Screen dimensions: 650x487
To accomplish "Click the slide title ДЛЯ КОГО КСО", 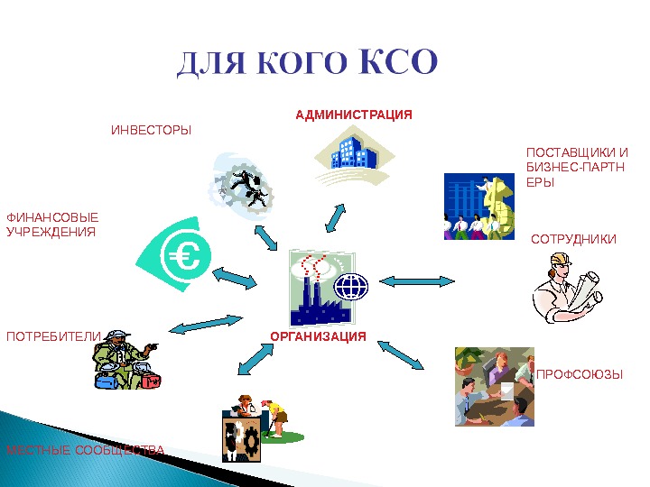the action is tap(308, 64).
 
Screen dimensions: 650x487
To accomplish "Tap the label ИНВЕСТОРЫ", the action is tap(151, 132).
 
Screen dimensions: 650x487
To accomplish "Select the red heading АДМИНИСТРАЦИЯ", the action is tap(354, 115).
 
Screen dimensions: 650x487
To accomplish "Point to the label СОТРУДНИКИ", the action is tap(573, 240).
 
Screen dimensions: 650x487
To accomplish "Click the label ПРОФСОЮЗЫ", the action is tap(580, 373).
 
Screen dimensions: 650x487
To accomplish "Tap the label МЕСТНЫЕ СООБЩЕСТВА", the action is tap(86, 450).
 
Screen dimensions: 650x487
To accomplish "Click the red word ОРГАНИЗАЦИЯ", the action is tap(319, 336).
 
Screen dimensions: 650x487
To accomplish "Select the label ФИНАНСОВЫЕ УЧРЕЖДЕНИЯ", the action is tap(51, 225).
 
